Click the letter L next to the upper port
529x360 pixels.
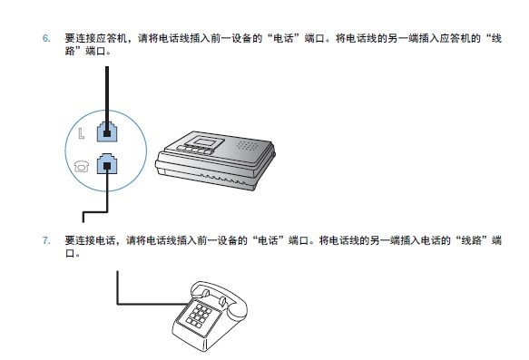coord(82,133)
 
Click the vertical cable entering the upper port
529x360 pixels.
coord(107,91)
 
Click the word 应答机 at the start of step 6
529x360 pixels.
coord(107,40)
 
